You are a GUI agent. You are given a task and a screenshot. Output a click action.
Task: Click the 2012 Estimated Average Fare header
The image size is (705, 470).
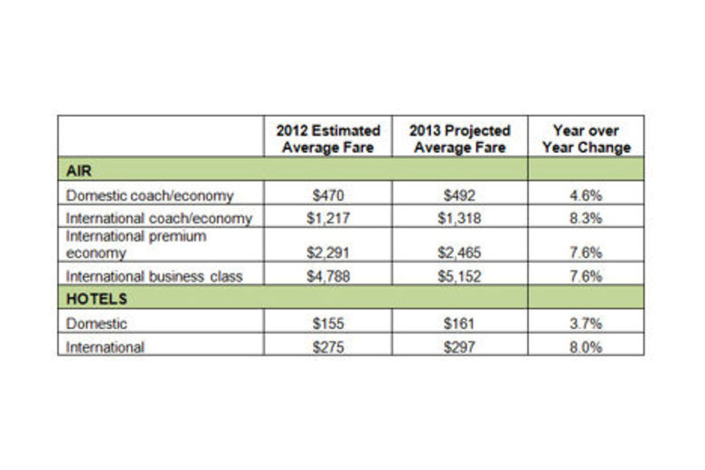pos(328,138)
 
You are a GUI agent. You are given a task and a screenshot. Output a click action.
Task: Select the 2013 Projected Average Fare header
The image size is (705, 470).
pos(461,138)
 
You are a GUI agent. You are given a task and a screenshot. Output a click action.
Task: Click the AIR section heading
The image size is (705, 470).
pos(81,169)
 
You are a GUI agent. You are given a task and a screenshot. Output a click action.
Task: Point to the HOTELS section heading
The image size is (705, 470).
pos(95,298)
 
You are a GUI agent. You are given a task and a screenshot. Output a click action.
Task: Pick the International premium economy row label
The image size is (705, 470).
pos(136,244)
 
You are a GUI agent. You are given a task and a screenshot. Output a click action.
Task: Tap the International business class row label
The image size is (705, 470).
pos(155,277)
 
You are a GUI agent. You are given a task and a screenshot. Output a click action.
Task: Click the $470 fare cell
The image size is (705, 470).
pos(328,194)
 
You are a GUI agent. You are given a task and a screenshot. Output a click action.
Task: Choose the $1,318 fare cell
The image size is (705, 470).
pos(461,218)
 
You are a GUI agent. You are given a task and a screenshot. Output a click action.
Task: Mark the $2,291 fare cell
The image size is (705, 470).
pos(328,253)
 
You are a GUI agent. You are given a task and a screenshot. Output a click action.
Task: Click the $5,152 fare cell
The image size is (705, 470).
pos(461,277)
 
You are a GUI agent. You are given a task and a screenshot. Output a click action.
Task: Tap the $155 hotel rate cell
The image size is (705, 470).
pos(328,323)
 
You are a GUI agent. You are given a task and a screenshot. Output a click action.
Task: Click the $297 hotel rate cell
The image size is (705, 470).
pos(461,345)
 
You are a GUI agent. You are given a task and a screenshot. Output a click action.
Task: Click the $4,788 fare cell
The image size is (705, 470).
pos(328,277)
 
